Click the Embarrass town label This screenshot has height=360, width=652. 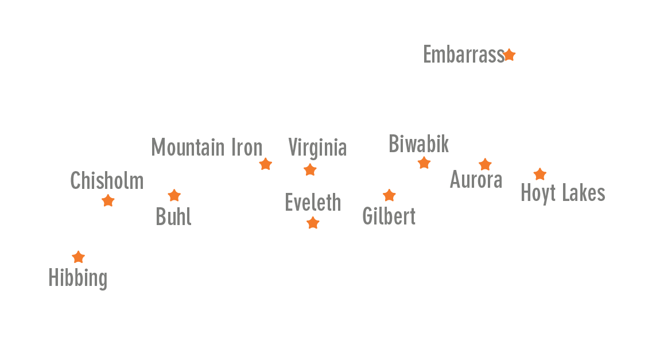pos(463,55)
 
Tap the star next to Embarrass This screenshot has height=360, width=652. pos(509,55)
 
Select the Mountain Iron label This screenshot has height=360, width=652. pos(207,148)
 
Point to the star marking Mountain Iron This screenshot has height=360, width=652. pos(265,164)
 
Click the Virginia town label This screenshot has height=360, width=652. pos(317,148)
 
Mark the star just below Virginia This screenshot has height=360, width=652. pos(310,170)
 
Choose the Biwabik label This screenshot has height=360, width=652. pos(419,144)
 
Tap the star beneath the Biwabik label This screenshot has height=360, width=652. pos(424,163)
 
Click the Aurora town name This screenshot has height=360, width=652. pos(476,180)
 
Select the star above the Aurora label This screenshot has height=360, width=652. pos(485,165)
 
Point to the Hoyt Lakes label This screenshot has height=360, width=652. pos(562,193)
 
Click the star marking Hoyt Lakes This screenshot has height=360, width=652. pos(540,175)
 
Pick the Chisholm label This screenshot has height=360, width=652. pos(107,181)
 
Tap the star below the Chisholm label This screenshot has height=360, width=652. pos(108,201)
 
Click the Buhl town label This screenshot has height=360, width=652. pos(173,217)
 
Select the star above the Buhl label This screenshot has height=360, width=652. pos(174,196)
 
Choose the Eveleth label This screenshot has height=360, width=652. pos(313,203)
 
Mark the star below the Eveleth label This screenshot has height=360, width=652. pos(313,223)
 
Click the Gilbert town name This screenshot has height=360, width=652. pos(389,216)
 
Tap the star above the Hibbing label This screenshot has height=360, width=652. pos(79,257)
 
